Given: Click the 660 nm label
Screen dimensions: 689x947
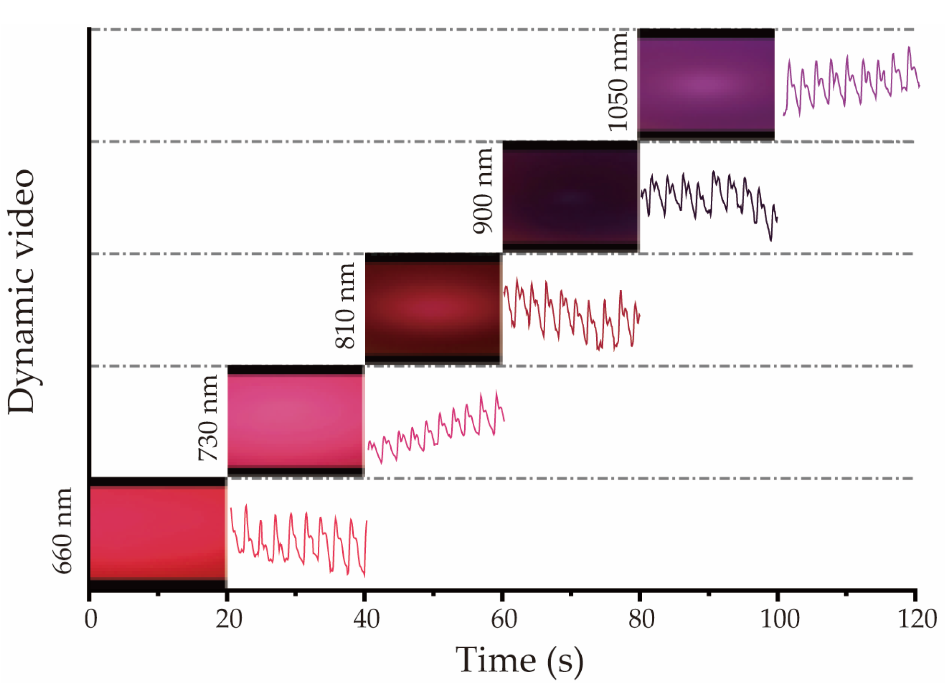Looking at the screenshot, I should click(62, 531).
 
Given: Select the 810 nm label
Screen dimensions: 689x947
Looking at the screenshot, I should click(345, 306).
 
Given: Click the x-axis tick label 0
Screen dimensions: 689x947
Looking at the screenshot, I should click(91, 619).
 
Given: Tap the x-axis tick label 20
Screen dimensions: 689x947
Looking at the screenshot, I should click(228, 619).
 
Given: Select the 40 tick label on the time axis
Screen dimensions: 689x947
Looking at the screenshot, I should click(366, 619).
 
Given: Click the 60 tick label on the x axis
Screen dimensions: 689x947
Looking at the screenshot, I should click(503, 619).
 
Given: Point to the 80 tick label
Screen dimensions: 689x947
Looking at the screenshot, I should click(641, 619).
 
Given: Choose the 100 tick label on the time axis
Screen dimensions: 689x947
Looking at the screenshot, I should click(779, 619).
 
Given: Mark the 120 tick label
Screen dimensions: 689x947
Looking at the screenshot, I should click(917, 619).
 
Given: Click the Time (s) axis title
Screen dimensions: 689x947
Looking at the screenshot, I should click(519, 661).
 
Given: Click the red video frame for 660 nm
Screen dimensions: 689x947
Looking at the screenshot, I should click(158, 533).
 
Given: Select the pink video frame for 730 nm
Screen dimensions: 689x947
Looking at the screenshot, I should click(296, 421).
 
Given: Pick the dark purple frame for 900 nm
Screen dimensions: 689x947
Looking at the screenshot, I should click(571, 197).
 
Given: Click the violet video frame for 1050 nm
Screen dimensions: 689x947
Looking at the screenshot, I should click(706, 84).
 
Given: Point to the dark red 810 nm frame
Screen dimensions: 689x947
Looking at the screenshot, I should click(433, 309).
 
